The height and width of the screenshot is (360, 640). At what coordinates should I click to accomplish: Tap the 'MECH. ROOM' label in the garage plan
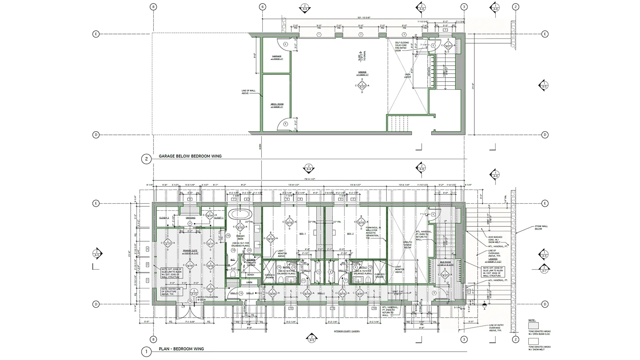tap(277, 105)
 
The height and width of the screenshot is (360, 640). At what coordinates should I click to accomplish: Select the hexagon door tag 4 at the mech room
tap(285, 124)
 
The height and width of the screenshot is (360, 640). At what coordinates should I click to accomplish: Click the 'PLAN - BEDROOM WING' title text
tap(182, 349)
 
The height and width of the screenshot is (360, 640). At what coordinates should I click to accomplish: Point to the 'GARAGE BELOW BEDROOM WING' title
tap(190, 156)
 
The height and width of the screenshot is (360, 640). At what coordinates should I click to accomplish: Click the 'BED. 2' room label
tap(350, 234)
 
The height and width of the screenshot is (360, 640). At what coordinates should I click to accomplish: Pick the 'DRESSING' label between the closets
tap(190, 218)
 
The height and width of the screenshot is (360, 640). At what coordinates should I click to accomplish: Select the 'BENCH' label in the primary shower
tap(250, 275)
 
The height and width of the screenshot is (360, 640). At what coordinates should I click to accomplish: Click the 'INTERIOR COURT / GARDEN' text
tap(347, 332)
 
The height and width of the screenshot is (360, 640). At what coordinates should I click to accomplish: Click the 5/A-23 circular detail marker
tap(194, 292)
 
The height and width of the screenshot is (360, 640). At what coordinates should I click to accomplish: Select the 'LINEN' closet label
tap(250, 282)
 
